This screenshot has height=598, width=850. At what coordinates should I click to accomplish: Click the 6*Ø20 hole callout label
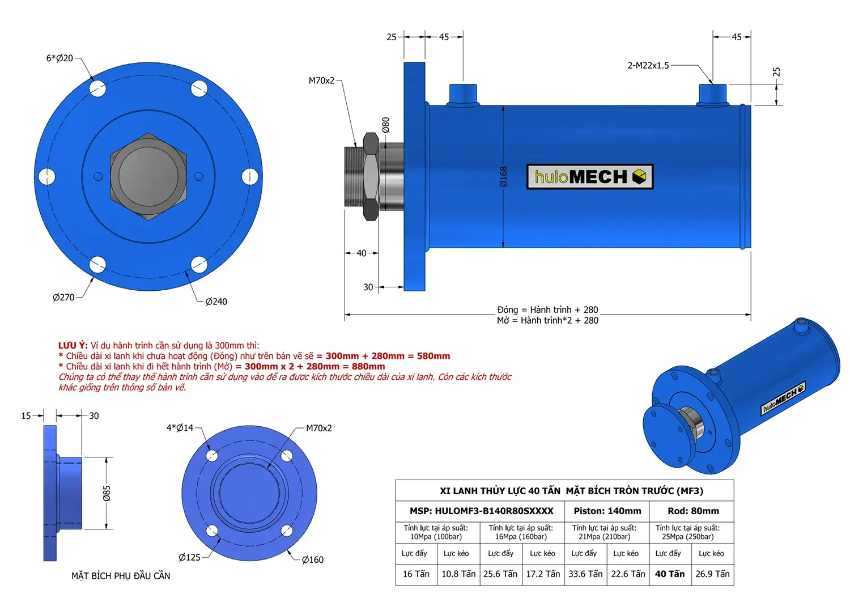coord(59,58)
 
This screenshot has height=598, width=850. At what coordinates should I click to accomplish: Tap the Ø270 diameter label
coord(63,297)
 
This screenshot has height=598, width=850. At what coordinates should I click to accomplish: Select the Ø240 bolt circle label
coord(216,302)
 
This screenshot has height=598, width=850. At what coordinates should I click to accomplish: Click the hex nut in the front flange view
coord(148,176)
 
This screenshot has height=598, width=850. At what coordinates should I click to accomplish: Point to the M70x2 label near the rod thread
coord(321,80)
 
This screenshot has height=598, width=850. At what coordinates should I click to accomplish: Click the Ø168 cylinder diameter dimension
coord(503,176)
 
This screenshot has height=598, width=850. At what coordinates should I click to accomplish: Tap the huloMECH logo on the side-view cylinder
coord(589,177)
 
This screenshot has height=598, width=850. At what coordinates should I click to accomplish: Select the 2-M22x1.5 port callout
coord(648,65)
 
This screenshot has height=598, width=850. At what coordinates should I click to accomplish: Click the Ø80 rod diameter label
coord(385,125)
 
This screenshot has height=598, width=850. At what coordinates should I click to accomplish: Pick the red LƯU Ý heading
coord(73,345)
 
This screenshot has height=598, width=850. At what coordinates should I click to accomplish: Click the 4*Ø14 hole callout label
coord(180,427)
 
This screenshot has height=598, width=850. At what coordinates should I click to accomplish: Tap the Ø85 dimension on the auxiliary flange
coord(107,493)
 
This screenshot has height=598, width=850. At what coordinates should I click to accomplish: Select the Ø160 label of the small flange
coord(312,559)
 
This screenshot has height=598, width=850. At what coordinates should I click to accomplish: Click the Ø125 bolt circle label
coord(189,557)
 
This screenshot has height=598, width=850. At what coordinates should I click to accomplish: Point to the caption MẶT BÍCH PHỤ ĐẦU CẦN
coord(121,576)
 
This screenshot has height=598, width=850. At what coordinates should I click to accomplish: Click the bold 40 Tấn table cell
coord(670,574)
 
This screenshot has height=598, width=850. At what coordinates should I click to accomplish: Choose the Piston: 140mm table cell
coord(607,511)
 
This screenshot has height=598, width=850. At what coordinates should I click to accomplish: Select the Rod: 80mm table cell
coord(692,511)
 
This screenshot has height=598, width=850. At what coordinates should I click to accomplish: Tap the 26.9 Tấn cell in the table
coord(712,574)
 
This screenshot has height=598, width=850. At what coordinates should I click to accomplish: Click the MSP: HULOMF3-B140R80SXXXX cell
coord(481,511)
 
